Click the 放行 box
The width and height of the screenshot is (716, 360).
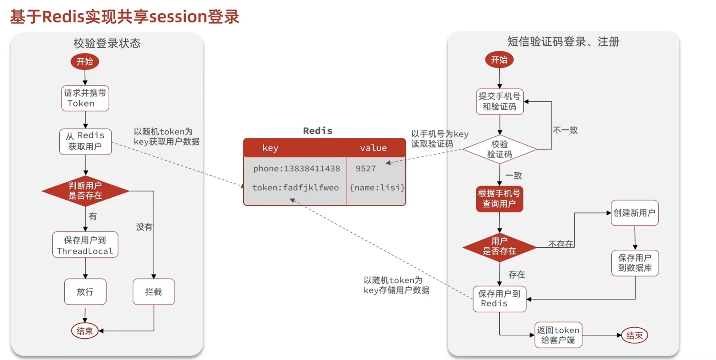(85, 292)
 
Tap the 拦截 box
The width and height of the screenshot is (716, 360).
(154, 292)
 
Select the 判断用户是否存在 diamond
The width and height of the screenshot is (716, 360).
(85, 191)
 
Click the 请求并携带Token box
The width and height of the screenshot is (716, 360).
(85, 98)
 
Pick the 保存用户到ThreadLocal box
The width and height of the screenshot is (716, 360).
(85, 245)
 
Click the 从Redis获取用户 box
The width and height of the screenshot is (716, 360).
(85, 141)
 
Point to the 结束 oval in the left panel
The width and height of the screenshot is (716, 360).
(85, 331)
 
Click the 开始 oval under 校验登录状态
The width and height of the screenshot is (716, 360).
(85, 62)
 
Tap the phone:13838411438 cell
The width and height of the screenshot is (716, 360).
(296, 169)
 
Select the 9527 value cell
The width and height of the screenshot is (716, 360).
(366, 169)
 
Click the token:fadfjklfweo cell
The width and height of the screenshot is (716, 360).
(295, 188)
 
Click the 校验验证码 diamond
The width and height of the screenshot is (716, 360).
(499, 149)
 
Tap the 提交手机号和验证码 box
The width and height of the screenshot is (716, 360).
(499, 101)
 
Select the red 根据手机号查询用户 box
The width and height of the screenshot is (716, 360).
(499, 199)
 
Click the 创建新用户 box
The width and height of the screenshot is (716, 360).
(634, 213)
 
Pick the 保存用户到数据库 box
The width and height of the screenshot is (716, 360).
(635, 263)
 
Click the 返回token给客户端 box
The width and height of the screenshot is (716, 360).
(558, 335)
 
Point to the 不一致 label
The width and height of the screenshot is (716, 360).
(565, 130)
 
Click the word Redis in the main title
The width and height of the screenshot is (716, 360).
(63, 16)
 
